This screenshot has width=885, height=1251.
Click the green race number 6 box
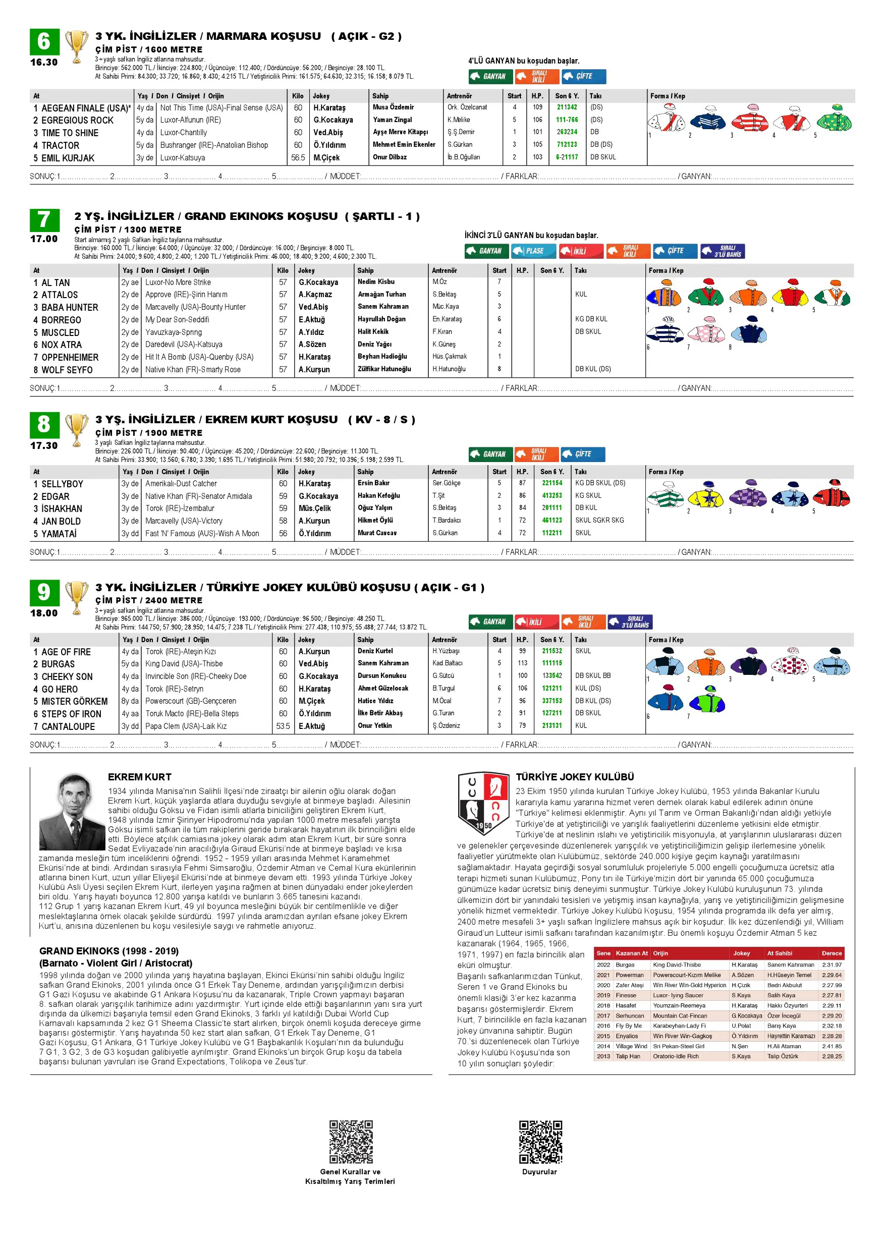coord(44,42)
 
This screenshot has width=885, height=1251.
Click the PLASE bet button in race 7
coord(533,251)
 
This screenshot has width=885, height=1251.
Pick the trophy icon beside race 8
coord(77,429)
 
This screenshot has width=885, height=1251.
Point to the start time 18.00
coord(44,613)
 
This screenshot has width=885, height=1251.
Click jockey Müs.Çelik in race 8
coord(314,508)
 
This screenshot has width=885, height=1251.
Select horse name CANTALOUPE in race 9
coord(68,726)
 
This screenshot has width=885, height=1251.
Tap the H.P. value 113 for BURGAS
coord(522,663)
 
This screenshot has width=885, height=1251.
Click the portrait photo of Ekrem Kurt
coord(72,812)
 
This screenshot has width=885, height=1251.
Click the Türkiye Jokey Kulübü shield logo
coord(483,804)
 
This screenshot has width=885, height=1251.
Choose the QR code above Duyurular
coord(540,1142)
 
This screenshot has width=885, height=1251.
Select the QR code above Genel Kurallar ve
coord(351,1142)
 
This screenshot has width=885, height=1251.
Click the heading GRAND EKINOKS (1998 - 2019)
coord(108,951)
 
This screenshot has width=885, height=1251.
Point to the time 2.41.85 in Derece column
coord(832,1046)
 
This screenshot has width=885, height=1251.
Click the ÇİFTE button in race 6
coord(583,76)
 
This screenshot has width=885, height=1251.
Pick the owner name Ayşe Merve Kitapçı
coord(400,132)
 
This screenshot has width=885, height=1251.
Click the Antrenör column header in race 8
coord(444,472)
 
